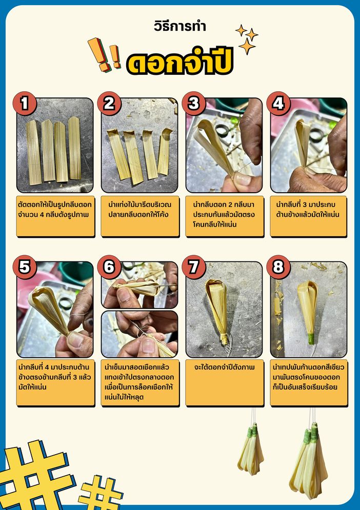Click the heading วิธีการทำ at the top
point(180,26)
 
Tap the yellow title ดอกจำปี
point(180,62)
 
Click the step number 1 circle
point(25,104)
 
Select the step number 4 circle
point(278,104)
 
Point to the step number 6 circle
point(109,267)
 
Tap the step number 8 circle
point(278,267)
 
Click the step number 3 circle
point(194,104)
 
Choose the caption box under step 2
point(140,216)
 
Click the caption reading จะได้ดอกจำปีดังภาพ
point(224,367)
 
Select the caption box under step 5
point(55,383)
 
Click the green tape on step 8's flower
point(311,339)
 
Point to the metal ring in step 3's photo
point(223,130)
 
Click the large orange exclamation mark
point(98,54)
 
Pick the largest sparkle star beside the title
point(247,46)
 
